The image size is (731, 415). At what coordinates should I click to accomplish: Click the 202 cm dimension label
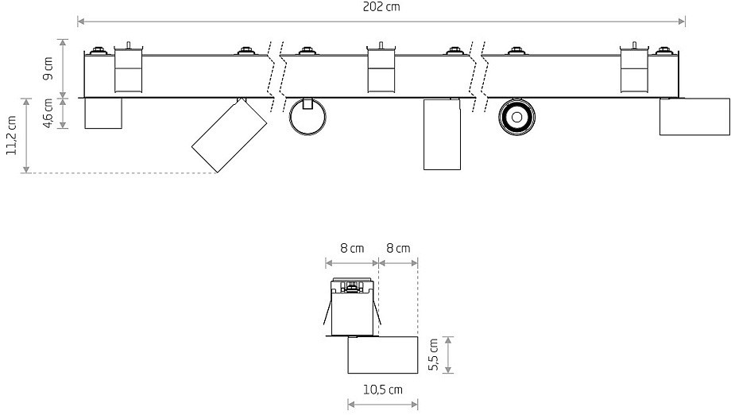pos(381,7)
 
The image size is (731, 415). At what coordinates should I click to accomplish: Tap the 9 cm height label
pos(48,68)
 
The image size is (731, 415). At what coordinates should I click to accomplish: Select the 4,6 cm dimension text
pos(48,114)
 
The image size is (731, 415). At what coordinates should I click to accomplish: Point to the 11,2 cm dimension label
pos(12,136)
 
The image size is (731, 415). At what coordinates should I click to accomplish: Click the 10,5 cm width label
pos(383,390)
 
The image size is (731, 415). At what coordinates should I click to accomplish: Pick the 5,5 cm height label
pos(433,355)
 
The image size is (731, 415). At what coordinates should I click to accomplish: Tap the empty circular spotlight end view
pos(307,117)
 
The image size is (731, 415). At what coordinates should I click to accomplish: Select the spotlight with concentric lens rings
pos(516,117)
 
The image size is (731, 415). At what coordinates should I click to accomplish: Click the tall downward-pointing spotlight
pos(442,134)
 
